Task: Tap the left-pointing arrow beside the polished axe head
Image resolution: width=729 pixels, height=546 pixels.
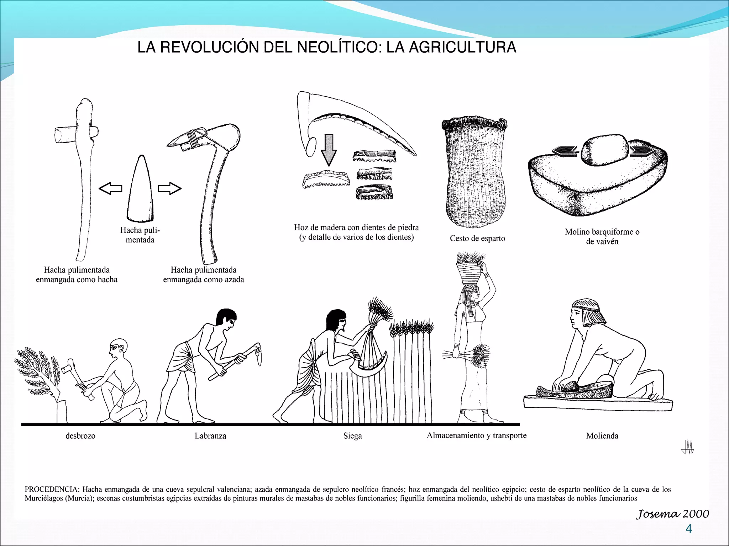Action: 110,188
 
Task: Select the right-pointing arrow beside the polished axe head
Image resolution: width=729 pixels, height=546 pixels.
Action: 169,188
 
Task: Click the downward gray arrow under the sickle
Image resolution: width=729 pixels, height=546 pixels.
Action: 329,150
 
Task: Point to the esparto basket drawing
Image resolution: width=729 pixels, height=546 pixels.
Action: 474,171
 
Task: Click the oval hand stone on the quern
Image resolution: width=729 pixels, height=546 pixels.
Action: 605,150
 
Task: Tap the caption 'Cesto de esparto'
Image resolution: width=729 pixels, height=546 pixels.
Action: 477,238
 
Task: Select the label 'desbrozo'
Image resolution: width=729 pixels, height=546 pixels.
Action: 80,436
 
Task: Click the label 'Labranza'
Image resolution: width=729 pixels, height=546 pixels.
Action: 210,436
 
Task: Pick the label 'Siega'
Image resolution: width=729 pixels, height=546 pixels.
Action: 352,436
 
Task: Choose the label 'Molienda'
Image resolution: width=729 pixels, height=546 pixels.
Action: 602,436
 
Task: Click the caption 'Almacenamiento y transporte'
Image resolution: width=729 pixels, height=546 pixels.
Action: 477,435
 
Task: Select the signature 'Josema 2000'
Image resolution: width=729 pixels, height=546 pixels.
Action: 672,514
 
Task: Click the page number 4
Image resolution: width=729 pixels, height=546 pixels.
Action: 689,529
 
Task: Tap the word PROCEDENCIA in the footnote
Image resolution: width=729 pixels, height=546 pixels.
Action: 52,489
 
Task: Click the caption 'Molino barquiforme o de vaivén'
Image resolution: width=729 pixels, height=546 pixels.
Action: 602,236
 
